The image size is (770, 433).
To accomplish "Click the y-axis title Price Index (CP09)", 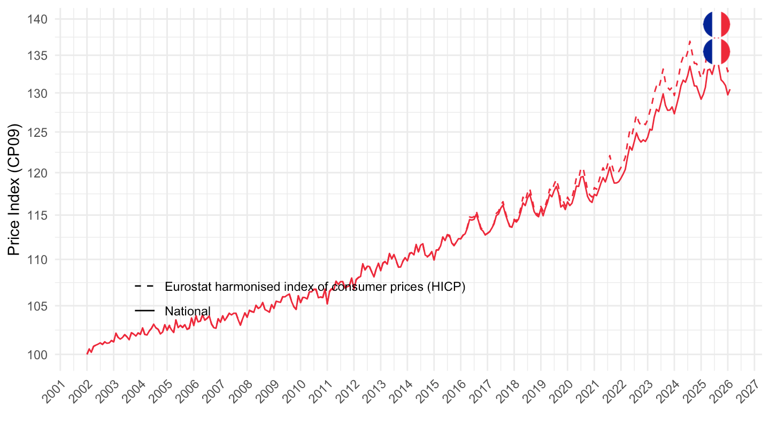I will [x=15, y=190].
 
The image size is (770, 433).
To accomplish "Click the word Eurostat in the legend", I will [x=186, y=287].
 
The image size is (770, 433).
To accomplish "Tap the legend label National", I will [x=188, y=311].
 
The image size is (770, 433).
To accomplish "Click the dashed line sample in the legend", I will [x=144, y=287].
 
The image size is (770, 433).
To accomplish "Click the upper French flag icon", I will [x=717, y=24].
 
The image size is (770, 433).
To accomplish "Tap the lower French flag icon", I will [x=717, y=51].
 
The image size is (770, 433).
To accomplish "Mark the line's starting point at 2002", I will [x=87, y=354].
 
